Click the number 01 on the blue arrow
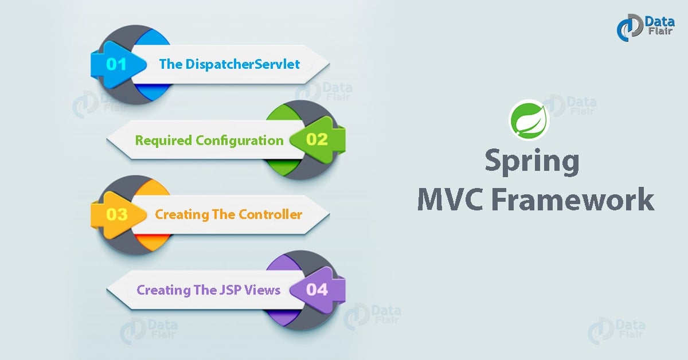pos(116,64)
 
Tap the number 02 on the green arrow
pos(316,139)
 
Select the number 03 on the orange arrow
pos(116,214)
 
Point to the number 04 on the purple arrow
pos(316,289)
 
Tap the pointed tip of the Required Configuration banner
pos(109,140)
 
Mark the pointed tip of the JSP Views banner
pos(109,289)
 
